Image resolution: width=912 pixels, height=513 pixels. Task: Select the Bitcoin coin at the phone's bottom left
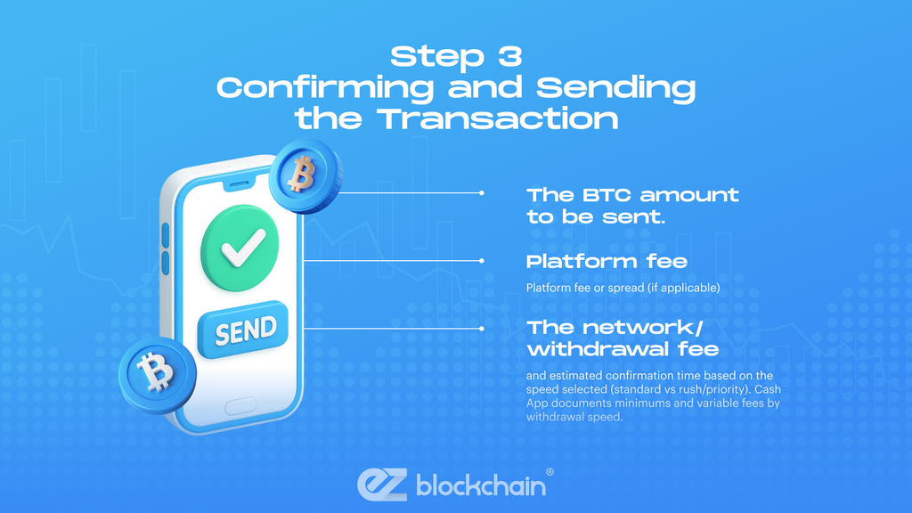pyautogui.click(x=156, y=370)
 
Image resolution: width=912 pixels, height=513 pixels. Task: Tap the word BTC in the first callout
pyautogui.click(x=606, y=195)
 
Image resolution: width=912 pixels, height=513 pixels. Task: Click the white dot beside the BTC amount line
pyautogui.click(x=482, y=192)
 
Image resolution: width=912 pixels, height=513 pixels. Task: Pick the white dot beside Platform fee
pyautogui.click(x=482, y=261)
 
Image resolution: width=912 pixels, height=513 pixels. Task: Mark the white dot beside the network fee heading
pyautogui.click(x=482, y=328)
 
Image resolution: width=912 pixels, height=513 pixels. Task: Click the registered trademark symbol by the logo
pyautogui.click(x=550, y=472)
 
